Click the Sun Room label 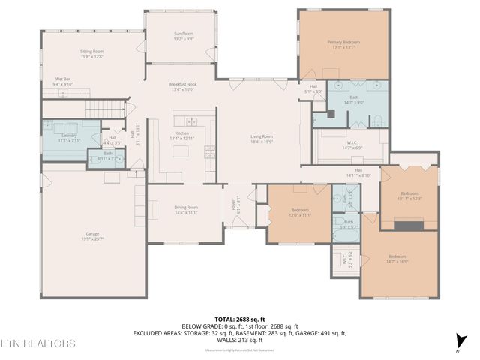tap(184, 36)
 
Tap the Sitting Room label tap(92, 54)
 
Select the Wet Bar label tap(63, 81)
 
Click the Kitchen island tap(181, 151)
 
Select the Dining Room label tap(186, 210)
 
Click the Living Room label tap(262, 139)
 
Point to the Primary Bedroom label tap(344, 44)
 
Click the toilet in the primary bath tap(377, 121)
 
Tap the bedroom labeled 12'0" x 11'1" tap(300, 212)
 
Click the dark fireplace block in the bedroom tap(409, 224)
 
